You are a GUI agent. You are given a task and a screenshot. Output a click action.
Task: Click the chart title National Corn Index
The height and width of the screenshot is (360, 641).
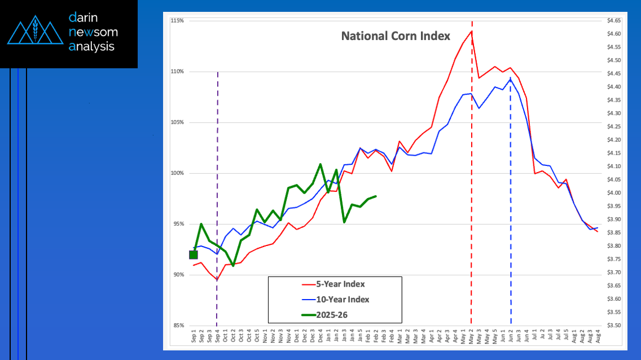[x=396, y=36]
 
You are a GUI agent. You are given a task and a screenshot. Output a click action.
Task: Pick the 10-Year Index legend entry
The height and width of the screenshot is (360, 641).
[x=335, y=300]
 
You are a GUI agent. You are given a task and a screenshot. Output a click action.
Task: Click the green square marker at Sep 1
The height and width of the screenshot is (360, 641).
[x=194, y=254]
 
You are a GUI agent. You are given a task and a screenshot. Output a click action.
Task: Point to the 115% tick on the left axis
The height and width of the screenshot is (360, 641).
[x=178, y=21]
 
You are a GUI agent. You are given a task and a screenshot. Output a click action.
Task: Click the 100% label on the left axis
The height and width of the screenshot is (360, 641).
[x=178, y=173]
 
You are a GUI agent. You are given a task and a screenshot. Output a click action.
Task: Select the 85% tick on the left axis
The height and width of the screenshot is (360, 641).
[x=178, y=326]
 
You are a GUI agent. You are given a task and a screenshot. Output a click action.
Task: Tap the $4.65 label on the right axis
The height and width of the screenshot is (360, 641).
[x=614, y=21]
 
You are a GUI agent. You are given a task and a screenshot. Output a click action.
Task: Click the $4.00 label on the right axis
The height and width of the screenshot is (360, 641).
[x=614, y=193]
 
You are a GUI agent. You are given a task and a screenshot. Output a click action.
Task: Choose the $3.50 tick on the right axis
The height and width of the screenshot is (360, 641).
[x=614, y=326]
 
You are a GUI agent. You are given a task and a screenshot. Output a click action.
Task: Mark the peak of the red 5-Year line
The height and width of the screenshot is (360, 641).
[x=471, y=31]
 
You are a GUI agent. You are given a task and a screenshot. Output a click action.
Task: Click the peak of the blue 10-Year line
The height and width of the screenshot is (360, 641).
[x=511, y=79]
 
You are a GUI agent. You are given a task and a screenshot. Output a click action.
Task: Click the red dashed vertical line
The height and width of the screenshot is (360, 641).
[x=472, y=169]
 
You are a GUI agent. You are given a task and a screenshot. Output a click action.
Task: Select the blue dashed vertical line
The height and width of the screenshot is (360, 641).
[x=511, y=197]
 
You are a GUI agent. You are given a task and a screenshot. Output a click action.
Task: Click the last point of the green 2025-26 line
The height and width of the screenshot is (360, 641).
[x=376, y=196]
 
